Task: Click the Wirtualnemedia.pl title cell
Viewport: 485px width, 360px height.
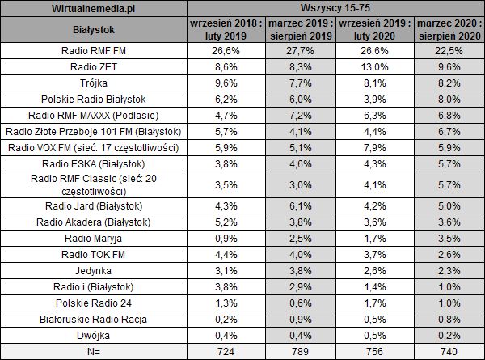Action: tap(94, 10)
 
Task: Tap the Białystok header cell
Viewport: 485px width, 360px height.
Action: tap(94, 31)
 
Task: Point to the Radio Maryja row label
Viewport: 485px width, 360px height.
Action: tap(94, 239)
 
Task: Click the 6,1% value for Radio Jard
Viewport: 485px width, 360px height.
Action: tap(295, 207)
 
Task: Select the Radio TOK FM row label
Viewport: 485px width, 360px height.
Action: tap(94, 255)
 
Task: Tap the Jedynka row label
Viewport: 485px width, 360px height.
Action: tap(94, 271)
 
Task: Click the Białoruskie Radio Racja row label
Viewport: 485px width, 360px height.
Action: tap(94, 319)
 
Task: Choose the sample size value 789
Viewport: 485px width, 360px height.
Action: tap(295, 350)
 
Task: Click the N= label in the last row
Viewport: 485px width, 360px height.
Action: tap(94, 350)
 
